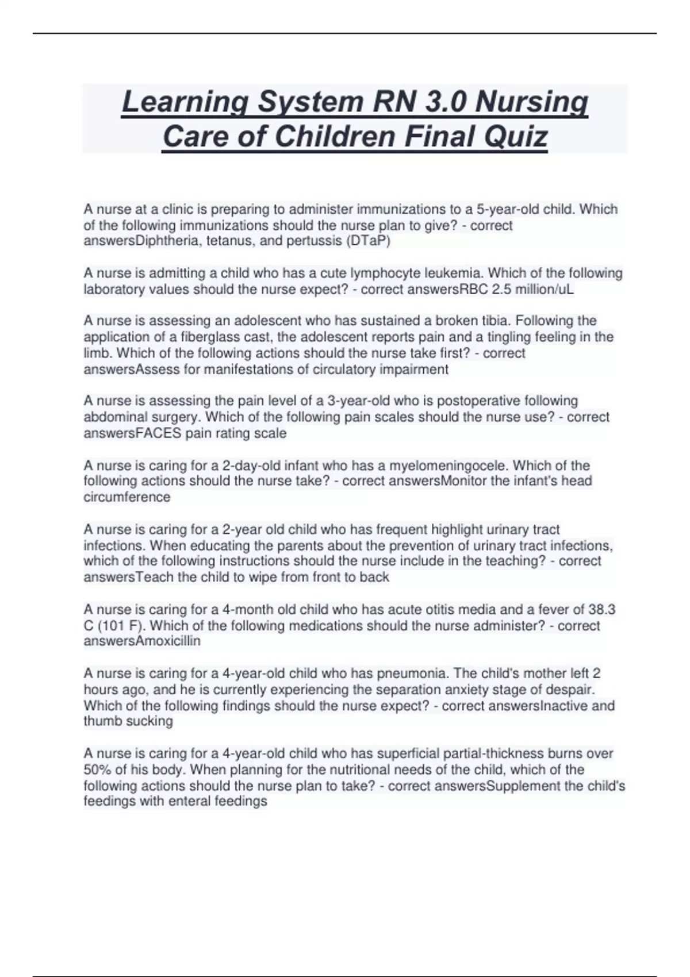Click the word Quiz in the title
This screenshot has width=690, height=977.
coord(516,137)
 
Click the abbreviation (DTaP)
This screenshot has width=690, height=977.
coord(368,241)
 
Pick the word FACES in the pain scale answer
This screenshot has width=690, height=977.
coord(158,433)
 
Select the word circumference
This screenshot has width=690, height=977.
coord(127,497)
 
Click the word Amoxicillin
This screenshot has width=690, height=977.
coord(167,641)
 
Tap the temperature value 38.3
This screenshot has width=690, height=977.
coord(602,609)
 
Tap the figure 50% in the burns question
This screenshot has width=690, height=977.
coord(99,770)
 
